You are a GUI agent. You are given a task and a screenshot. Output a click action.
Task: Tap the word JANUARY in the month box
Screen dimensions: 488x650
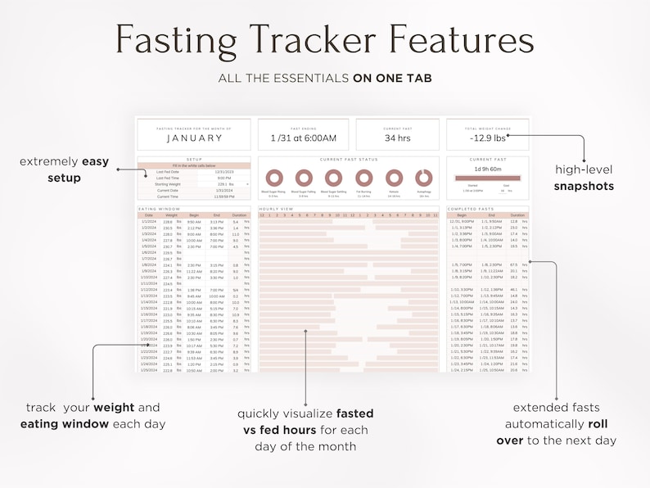[x=194, y=138]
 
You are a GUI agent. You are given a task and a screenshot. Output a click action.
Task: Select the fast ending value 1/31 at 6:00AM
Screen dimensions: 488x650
[x=303, y=138]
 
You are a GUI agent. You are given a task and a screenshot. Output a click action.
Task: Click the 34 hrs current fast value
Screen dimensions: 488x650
[x=396, y=138]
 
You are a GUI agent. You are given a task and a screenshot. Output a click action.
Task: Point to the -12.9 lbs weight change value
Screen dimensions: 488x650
[x=488, y=138]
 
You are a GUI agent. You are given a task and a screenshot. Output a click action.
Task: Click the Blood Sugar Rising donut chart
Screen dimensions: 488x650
[x=273, y=178]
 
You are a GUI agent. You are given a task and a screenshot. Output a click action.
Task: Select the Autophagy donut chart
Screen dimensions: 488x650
[x=423, y=178]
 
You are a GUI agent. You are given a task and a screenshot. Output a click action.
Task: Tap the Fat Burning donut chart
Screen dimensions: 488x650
[x=363, y=178]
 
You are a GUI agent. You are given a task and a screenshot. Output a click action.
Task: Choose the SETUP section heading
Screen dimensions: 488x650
[x=194, y=160]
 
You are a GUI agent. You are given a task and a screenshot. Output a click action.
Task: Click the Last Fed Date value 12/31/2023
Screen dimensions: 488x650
[x=224, y=172]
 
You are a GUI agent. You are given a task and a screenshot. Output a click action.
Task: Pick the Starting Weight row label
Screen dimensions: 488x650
[x=169, y=184]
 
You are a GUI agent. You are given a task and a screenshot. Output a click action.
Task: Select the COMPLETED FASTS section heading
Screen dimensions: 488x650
[x=471, y=210]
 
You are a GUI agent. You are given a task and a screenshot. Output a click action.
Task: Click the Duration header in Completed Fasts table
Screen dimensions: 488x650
[x=516, y=215]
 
